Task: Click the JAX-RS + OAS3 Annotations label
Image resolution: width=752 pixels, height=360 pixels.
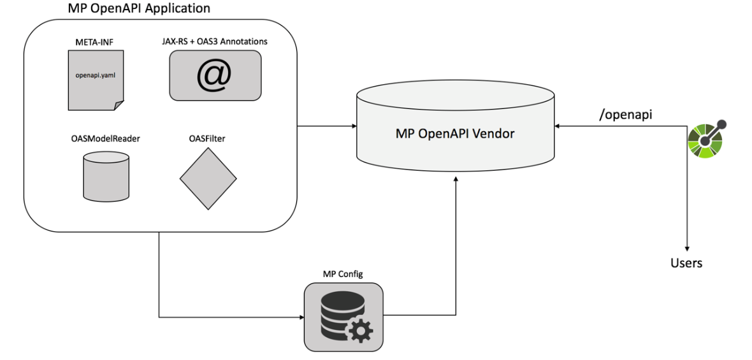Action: click(214, 41)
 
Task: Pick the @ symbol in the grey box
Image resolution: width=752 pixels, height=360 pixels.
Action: click(214, 76)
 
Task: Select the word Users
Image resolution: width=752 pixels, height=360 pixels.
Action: click(686, 263)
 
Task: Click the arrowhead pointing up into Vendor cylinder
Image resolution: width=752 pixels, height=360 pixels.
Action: click(456, 181)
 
